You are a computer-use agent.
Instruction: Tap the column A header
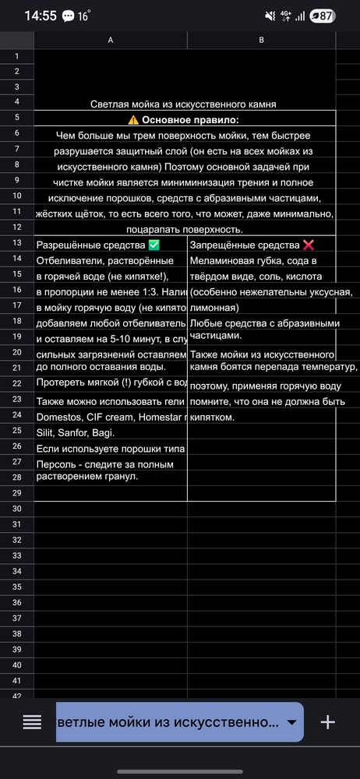coord(110,40)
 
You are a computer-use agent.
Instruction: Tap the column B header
coord(261,40)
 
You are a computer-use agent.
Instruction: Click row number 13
coord(16,244)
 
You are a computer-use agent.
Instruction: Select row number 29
coord(16,493)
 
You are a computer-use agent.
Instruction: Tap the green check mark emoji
coord(154,245)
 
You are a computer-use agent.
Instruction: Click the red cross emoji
coord(309,245)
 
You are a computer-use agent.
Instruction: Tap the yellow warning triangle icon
coord(133,120)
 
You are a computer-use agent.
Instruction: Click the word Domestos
coord(59,417)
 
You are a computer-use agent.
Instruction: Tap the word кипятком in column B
coord(212,417)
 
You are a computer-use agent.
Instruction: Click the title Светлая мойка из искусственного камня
coord(183,104)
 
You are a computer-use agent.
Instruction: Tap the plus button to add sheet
coord(328,722)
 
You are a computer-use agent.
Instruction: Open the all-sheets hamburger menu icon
coord(32,722)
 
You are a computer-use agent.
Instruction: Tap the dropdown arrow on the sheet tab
coord(292,723)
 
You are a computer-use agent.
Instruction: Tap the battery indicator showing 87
coord(323,16)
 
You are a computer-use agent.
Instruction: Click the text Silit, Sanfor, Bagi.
coord(75,432)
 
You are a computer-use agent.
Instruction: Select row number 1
coord(16,56)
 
